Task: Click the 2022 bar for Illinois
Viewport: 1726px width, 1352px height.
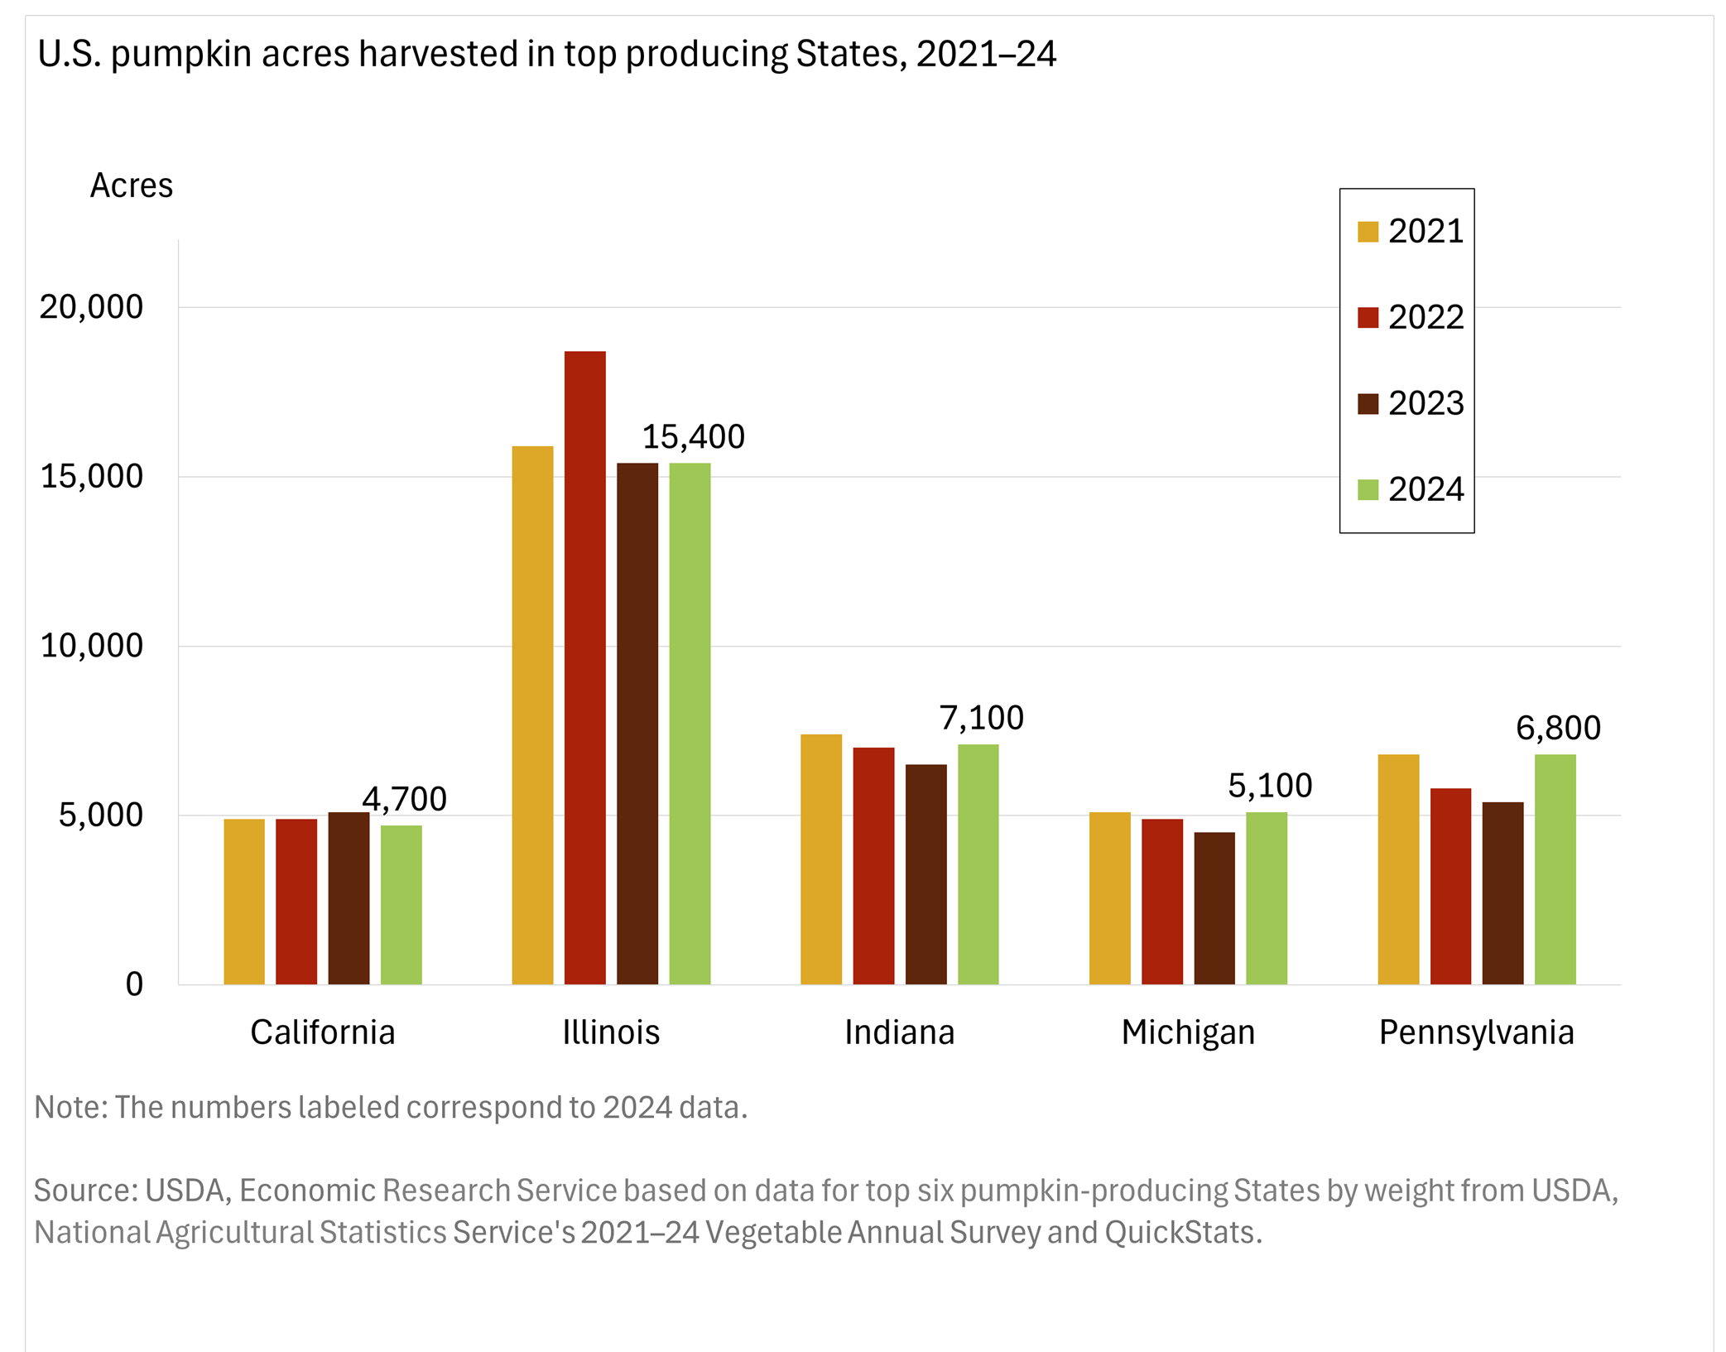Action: (584, 667)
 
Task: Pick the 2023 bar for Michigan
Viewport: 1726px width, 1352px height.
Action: (1214, 907)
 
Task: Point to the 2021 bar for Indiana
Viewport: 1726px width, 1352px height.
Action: (820, 859)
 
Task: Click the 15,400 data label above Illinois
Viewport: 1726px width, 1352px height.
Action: (693, 437)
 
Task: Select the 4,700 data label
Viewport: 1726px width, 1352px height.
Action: (404, 799)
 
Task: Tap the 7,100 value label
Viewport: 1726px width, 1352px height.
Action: (981, 718)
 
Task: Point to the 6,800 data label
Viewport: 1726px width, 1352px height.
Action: (1557, 729)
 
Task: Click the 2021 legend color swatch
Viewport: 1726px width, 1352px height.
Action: (1368, 232)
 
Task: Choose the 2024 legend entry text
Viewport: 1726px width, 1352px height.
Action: (1426, 489)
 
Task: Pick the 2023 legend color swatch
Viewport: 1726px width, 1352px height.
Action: (1368, 404)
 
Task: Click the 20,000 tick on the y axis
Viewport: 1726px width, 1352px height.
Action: (91, 307)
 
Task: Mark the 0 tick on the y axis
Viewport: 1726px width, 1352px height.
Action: (134, 984)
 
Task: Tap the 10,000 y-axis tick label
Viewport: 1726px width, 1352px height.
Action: (91, 646)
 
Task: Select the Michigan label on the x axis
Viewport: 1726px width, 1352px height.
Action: (1187, 1032)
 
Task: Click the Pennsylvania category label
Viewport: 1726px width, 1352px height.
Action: (1475, 1032)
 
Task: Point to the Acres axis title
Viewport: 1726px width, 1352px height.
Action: (131, 185)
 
